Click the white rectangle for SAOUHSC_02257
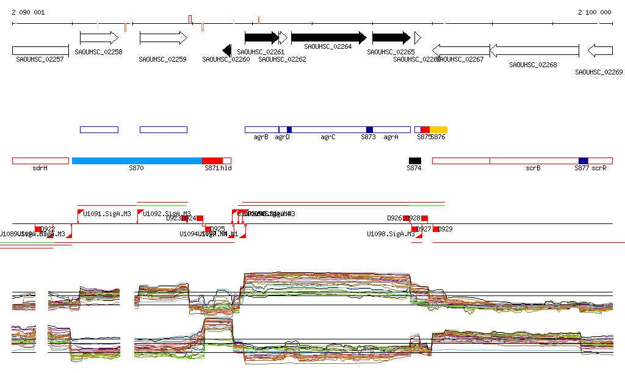40,50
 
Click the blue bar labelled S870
137,161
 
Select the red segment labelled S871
212,161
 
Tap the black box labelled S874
415,161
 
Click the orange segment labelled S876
438,129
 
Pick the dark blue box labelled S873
369,129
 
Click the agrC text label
328,137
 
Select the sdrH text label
40,168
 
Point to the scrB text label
533,168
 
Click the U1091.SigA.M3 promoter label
107,214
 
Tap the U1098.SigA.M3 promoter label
391,234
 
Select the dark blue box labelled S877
583,161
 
